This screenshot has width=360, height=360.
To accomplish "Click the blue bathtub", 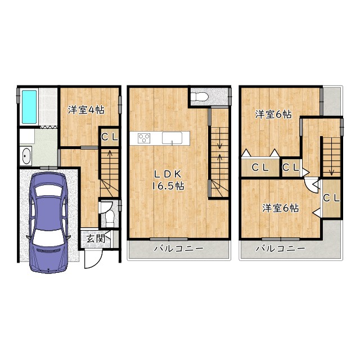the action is tap(29, 107).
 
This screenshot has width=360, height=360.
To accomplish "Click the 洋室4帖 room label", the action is tap(86, 110).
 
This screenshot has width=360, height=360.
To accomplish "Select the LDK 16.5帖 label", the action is tap(168, 180).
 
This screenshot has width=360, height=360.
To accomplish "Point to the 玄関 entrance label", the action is tap(96, 238).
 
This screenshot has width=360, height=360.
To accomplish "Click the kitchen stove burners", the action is tap(144, 138).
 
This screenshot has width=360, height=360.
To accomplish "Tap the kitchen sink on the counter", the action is tap(172, 138).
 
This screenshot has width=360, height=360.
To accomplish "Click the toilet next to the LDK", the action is tap(200, 97).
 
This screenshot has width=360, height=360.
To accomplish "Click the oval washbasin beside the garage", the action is tap(26, 156).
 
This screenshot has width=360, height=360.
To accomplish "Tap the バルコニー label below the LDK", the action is tap(179, 249).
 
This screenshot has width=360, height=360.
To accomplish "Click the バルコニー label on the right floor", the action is tap(281, 249).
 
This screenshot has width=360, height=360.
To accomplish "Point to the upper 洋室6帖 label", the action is tap(274, 114).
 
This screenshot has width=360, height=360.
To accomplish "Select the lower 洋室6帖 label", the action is tap(281, 208).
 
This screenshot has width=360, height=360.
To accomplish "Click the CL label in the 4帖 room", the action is tap(110, 137).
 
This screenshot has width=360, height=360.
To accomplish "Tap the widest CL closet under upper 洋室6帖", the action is tap(260, 168).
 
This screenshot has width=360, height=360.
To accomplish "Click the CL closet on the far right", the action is tap(331, 199).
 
